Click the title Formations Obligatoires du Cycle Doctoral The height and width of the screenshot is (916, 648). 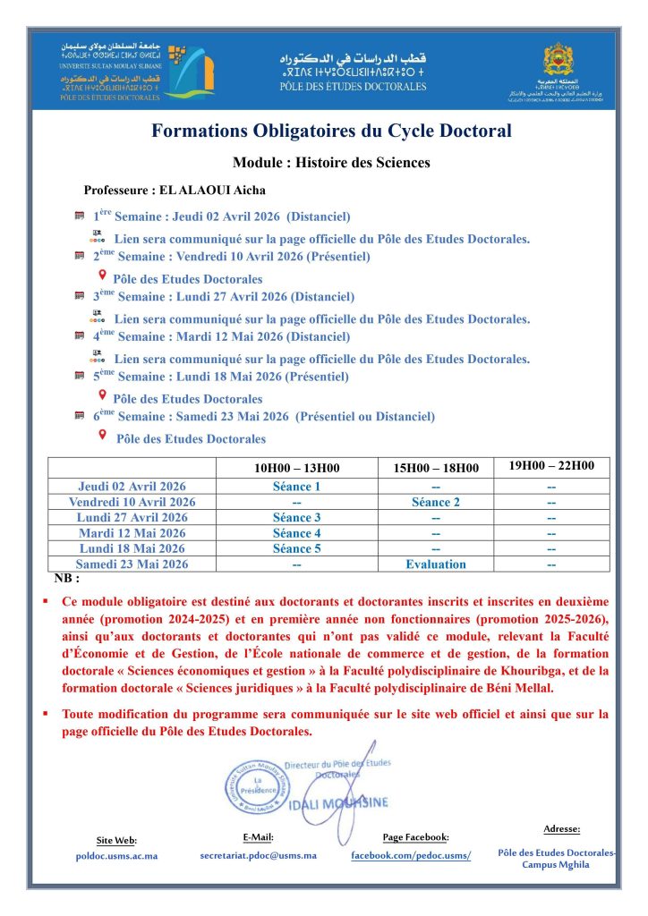[x=331, y=131]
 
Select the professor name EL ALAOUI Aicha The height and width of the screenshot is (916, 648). [x=175, y=191]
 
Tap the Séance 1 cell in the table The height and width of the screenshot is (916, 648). [x=296, y=487]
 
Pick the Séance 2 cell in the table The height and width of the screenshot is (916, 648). [x=436, y=502]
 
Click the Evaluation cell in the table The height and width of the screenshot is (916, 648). [x=436, y=564]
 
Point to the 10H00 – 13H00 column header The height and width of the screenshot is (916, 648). [x=296, y=468]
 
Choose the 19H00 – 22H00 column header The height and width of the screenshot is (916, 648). [x=551, y=466]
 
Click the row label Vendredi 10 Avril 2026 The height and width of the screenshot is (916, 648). [x=132, y=502]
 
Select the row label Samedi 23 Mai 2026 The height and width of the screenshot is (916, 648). [x=132, y=564]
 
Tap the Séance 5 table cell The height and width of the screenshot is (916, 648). [x=296, y=548]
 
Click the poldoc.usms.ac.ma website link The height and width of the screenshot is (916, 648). [x=116, y=856]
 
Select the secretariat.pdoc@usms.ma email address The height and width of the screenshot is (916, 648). [x=258, y=855]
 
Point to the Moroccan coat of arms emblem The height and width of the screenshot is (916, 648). [x=566, y=60]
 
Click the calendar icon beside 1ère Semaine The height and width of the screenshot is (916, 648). [x=80, y=216]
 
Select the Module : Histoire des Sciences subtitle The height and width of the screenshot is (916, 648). [x=331, y=163]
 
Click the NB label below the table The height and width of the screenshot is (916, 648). [x=66, y=579]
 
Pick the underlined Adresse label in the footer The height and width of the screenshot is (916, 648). [x=561, y=828]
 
